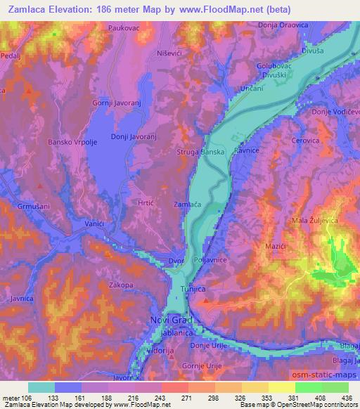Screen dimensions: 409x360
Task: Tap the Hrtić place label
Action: coord(146,200)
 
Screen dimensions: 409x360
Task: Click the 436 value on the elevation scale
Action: coord(346,397)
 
